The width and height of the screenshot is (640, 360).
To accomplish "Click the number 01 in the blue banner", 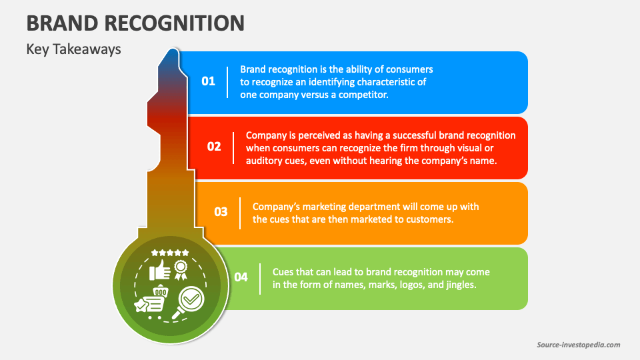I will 209,81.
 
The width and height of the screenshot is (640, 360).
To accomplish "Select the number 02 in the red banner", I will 214,147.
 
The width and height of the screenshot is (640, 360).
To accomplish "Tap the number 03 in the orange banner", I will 221,212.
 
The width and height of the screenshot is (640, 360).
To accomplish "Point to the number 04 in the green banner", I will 241,277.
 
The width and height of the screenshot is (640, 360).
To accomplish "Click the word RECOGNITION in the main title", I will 176,23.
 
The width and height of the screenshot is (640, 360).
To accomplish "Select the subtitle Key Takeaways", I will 73,49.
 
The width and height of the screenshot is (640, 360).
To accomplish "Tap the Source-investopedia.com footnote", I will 578,345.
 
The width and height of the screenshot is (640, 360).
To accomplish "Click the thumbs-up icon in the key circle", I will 160,270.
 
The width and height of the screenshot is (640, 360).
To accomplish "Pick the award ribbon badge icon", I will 181,269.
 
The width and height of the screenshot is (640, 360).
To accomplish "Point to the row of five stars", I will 170,253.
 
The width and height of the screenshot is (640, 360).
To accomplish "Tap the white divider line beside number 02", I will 233,147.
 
